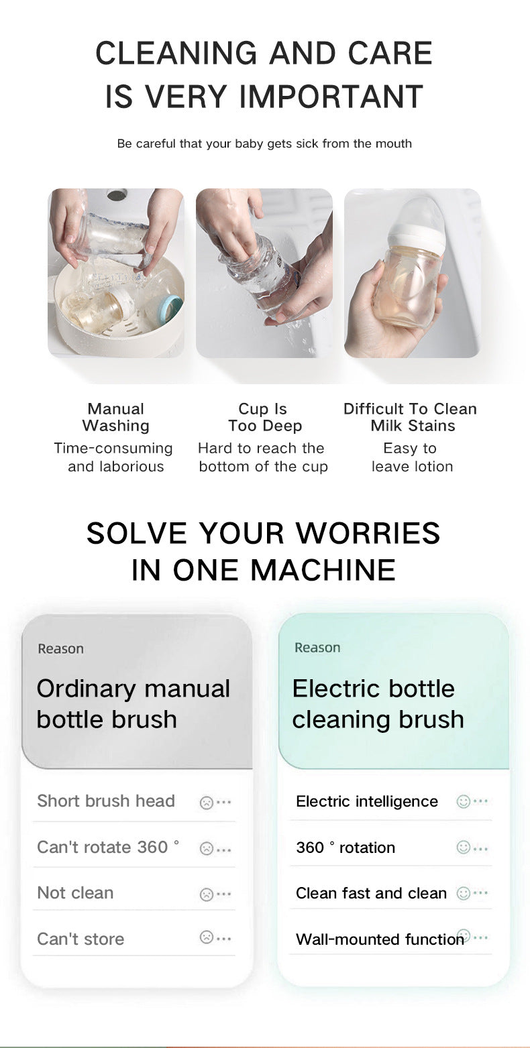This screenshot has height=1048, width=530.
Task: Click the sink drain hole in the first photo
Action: (117, 195)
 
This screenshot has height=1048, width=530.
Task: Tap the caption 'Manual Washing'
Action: (115, 417)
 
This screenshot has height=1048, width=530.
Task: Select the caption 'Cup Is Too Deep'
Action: (264, 417)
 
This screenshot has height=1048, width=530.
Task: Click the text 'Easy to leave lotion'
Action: (411, 457)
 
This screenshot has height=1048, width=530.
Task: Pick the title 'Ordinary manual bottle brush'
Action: (133, 703)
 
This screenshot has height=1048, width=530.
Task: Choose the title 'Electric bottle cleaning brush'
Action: (378, 703)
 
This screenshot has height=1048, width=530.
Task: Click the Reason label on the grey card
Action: (60, 648)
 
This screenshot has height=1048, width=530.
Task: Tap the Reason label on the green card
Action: (317, 648)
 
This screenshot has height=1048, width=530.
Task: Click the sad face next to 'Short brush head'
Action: (207, 802)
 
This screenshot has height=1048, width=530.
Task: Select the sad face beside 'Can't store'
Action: (207, 938)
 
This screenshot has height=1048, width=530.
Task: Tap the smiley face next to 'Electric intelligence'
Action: (463, 801)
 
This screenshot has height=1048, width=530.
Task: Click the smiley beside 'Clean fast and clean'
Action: (463, 893)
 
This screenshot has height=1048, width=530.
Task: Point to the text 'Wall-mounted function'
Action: (380, 939)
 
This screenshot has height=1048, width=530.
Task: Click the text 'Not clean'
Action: (75, 893)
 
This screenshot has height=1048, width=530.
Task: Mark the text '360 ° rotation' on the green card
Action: (346, 848)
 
